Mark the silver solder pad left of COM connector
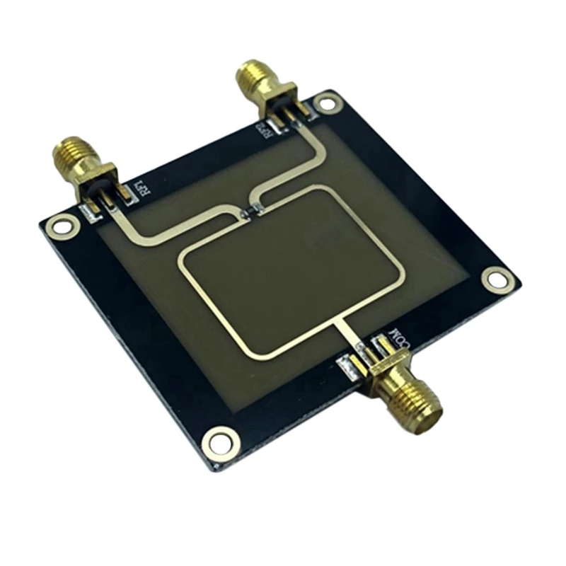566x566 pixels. point(348,367)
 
